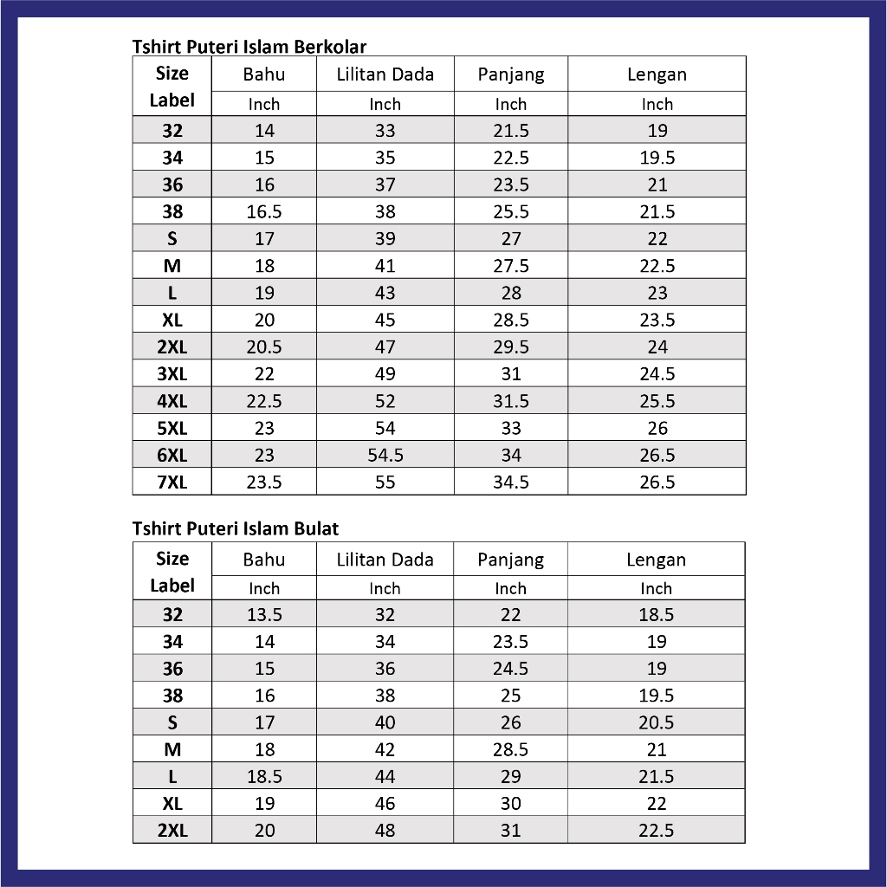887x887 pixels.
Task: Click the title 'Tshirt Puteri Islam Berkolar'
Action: point(249,46)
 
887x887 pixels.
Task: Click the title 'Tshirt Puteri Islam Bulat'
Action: point(236,528)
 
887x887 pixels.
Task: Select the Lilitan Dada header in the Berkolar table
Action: point(385,74)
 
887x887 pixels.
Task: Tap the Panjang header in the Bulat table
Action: point(511,560)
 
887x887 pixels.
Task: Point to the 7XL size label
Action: point(172,482)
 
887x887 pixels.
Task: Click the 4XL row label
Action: point(172,401)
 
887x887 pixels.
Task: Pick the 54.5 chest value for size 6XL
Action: point(385,455)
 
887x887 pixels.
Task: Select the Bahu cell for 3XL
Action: point(264,374)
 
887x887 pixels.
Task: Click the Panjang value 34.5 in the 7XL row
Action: point(511,482)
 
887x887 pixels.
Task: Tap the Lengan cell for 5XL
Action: point(657,428)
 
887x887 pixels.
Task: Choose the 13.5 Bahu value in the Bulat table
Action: point(264,615)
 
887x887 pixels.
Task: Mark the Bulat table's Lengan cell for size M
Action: point(657,749)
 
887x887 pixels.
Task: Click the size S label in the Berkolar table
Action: point(172,239)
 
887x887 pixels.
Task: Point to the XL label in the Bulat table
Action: point(172,804)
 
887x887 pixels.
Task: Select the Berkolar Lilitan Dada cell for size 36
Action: point(385,185)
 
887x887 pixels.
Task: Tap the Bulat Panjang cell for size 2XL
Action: point(511,831)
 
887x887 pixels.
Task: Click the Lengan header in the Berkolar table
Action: point(657,74)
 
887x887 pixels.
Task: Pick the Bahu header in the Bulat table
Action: point(264,560)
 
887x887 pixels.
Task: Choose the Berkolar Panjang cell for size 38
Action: point(511,212)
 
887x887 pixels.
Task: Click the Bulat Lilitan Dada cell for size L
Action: point(385,777)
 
